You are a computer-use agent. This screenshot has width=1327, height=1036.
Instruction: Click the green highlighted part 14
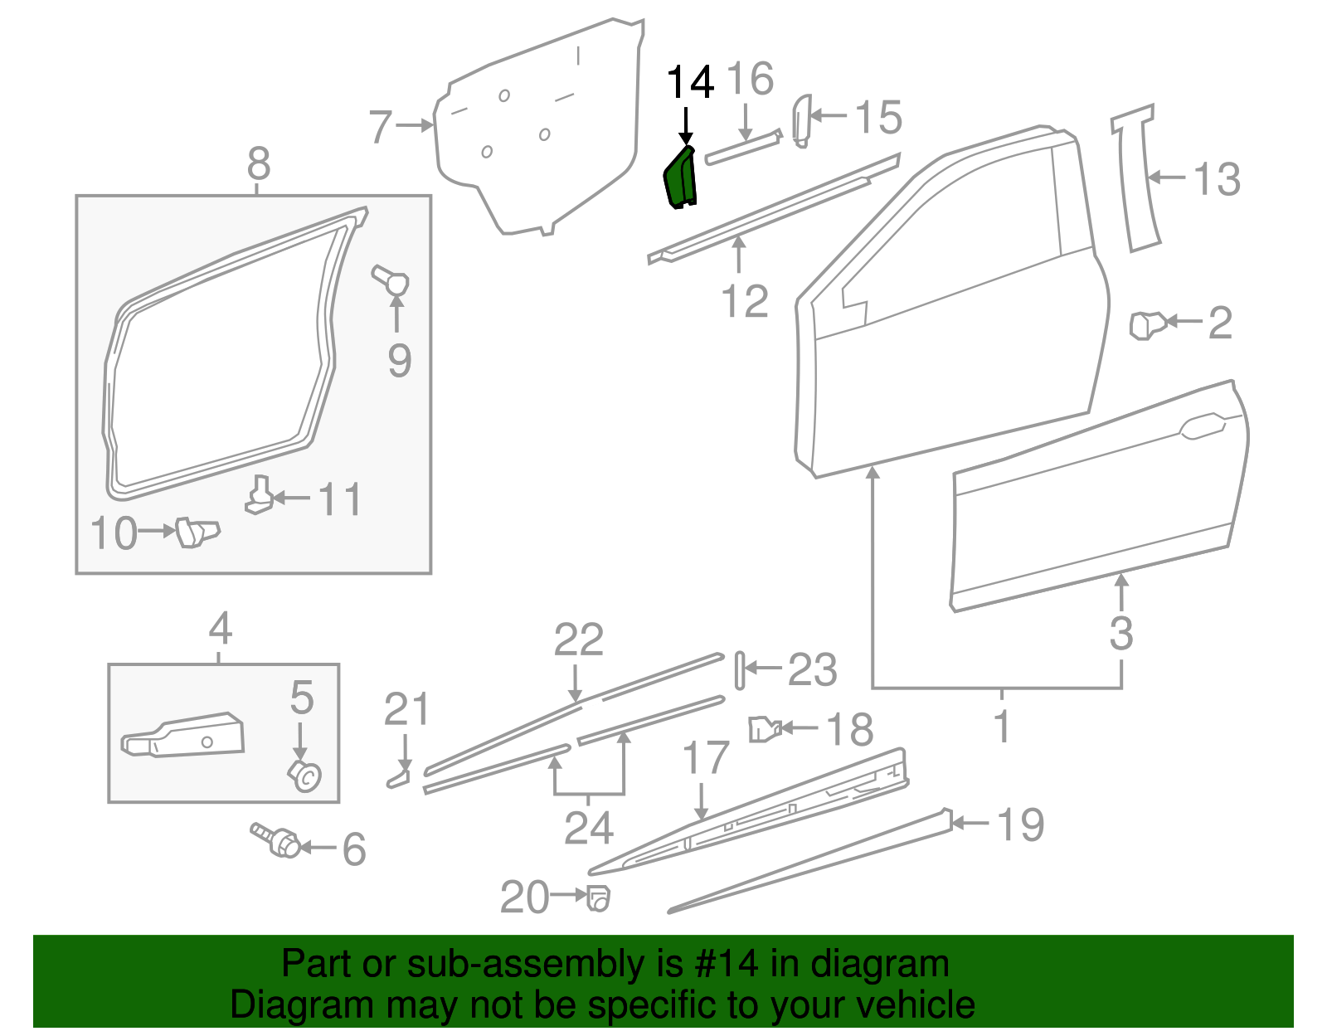pos(681,178)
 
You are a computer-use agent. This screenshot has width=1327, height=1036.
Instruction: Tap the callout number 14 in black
pos(690,82)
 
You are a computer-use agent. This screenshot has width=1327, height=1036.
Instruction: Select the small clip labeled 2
pos(1148,323)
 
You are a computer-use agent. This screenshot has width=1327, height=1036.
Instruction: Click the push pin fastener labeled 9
pos(391,280)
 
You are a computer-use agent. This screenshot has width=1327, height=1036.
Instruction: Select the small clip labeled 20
pos(598,897)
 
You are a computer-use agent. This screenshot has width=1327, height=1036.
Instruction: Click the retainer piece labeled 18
pos(764,728)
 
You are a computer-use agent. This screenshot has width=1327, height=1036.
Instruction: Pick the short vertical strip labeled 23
pos(739,670)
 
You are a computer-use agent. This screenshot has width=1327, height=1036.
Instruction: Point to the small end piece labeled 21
pos(398,778)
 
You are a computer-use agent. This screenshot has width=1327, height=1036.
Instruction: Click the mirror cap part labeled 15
pos(801,120)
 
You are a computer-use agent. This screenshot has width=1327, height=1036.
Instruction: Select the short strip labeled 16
pos(743,147)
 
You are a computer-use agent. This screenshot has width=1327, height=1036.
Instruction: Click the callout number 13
pos(1217,179)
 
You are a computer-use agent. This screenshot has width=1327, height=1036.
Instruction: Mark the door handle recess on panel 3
pos(1202,426)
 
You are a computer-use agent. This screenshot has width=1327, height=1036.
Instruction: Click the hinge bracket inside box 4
pos(184,736)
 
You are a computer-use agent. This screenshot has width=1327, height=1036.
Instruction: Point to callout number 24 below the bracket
pos(588,828)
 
